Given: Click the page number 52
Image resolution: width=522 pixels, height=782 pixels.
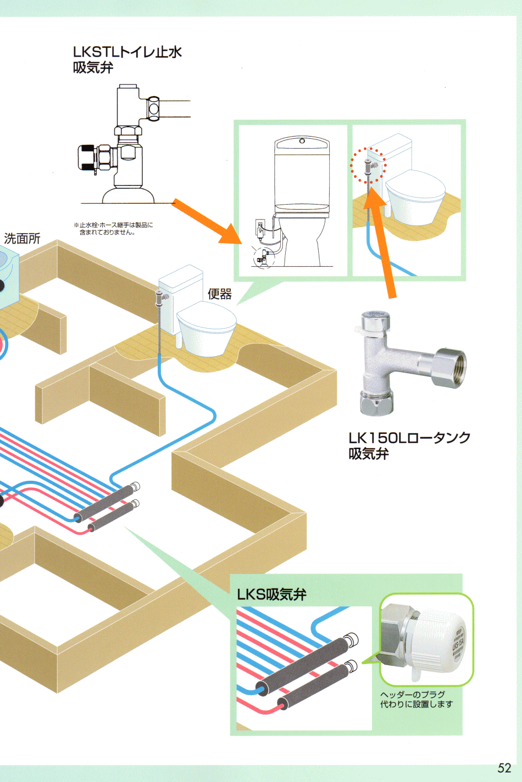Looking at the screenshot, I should [504, 767].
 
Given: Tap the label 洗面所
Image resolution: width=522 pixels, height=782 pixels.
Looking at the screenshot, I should [22, 239].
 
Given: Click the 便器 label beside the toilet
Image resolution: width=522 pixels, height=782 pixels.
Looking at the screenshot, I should [219, 294].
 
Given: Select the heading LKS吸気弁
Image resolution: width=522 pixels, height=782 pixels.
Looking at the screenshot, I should [271, 594].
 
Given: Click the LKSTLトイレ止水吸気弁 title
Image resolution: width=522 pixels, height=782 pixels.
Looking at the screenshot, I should [127, 59].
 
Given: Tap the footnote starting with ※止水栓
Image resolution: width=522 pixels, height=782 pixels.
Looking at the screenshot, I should [113, 228].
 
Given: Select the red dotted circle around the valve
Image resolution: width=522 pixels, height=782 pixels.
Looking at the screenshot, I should [368, 165].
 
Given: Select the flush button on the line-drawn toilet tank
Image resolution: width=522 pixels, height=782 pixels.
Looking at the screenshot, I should [302, 141].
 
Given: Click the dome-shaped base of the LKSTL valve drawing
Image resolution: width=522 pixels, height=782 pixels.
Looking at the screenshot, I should [128, 195].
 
